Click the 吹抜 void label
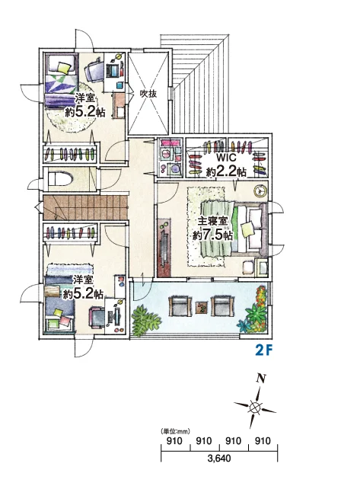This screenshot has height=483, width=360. (x=148, y=94)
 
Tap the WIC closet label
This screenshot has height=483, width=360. (x=226, y=158)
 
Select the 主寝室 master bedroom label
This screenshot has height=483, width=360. (x=212, y=221)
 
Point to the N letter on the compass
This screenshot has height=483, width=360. (x=261, y=379)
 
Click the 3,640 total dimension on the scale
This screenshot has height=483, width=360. (x=219, y=459)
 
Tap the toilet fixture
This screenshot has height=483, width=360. (x=61, y=179)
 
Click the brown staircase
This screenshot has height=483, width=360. (x=85, y=208)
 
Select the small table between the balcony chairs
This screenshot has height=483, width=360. (x=202, y=307)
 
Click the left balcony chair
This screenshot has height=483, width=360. (x=178, y=305)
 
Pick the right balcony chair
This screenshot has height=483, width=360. (x=221, y=305)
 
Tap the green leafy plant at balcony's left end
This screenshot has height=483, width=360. (x=145, y=321)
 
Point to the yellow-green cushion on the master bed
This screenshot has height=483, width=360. (x=247, y=229)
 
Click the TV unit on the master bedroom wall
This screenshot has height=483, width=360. (x=164, y=247)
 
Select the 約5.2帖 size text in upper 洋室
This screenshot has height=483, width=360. (x=85, y=111)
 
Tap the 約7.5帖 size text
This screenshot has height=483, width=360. (x=212, y=235)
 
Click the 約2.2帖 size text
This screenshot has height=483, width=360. (x=226, y=171)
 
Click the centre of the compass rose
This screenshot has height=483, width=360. (x=255, y=408)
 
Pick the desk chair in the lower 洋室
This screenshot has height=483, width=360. (x=97, y=317)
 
